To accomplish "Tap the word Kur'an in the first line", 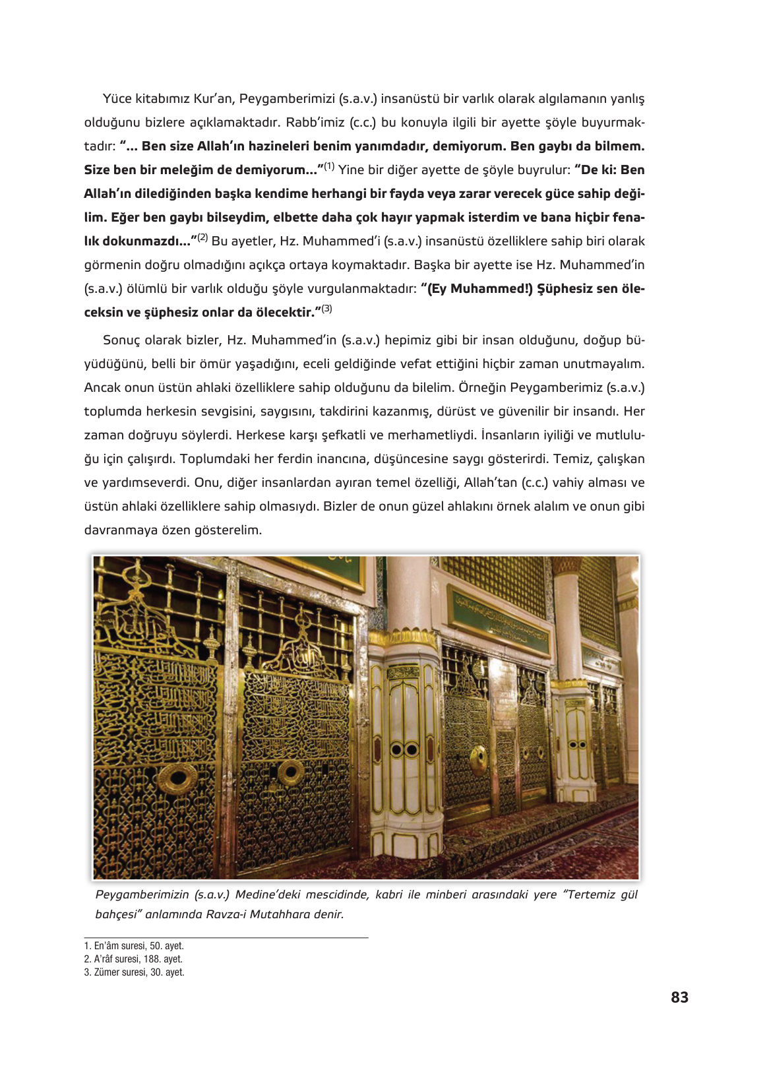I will coord(212,99).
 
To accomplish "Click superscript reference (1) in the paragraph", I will coord(329,166).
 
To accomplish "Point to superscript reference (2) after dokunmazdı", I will coord(202,237).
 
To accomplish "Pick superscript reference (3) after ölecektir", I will coord(327,309).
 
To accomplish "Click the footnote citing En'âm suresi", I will coord(134,946).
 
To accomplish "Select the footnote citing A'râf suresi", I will coord(133,959).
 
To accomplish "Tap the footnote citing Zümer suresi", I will coord(134,972).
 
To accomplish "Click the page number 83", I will coord(679,997).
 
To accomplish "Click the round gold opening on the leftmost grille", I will coord(177,779).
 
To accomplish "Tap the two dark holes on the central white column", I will coord(404,749).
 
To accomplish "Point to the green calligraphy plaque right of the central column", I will coord(500,616).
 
